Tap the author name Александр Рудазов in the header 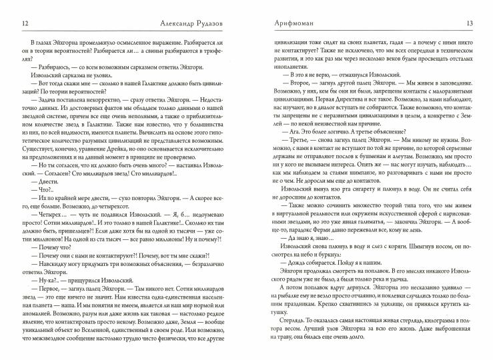[142, 24]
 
